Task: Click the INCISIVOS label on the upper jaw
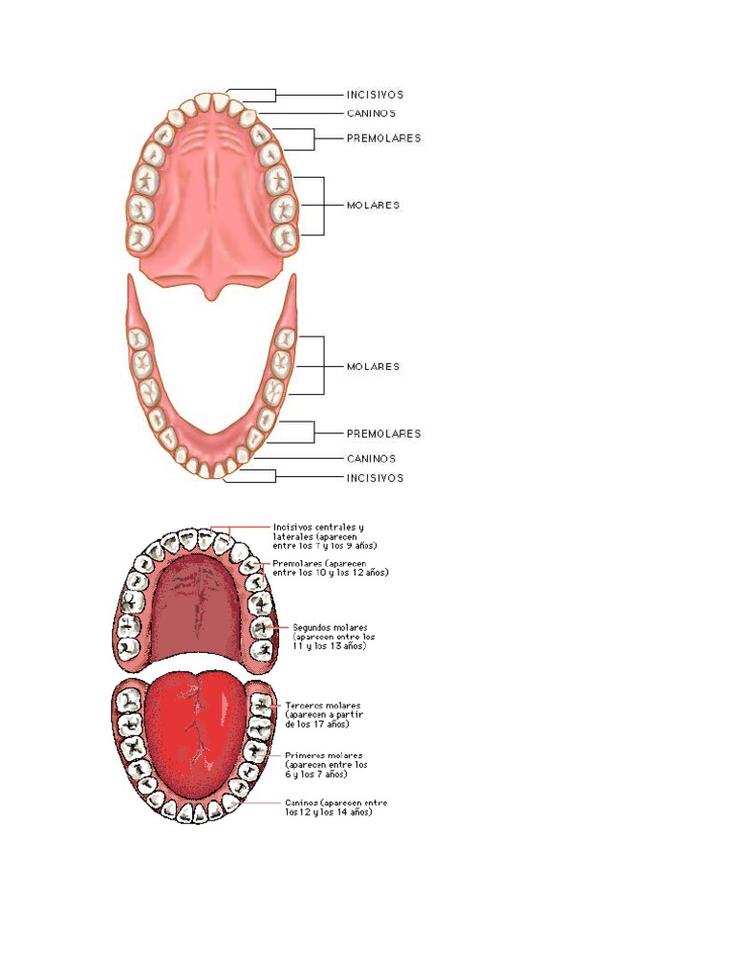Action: click(x=374, y=95)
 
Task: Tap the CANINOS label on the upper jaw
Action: click(x=371, y=113)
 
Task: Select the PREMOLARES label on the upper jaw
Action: click(x=383, y=138)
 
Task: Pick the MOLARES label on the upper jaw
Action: click(x=373, y=205)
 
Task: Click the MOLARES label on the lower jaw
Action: click(x=373, y=366)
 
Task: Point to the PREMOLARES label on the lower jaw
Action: click(x=383, y=433)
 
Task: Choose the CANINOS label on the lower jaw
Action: click(x=371, y=458)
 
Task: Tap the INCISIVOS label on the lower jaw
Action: click(x=374, y=478)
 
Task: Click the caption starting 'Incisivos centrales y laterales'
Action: click(x=324, y=535)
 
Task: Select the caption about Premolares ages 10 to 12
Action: click(x=330, y=568)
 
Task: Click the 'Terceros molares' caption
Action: click(x=323, y=714)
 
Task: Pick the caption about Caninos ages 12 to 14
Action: click(x=335, y=807)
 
